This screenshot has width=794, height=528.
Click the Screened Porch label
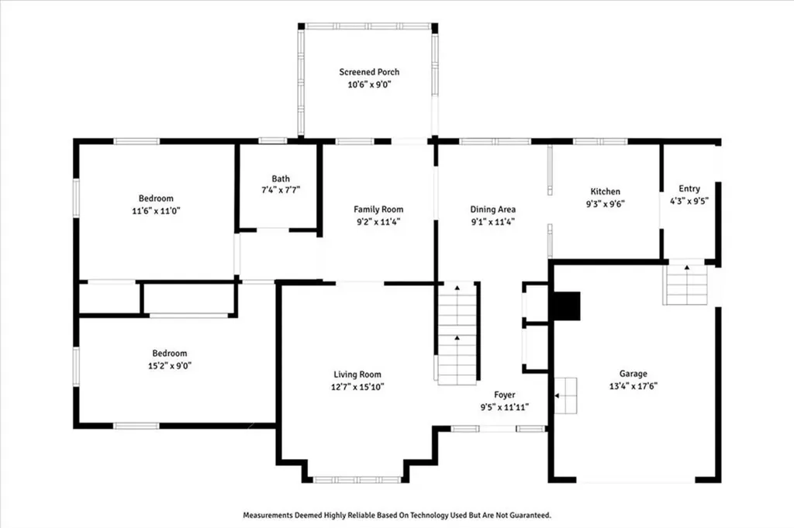click(x=369, y=72)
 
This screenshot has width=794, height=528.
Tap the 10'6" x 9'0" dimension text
click(x=369, y=85)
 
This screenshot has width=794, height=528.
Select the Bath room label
click(x=280, y=179)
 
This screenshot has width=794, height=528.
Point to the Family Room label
click(x=378, y=209)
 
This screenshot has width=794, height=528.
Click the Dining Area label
click(x=493, y=209)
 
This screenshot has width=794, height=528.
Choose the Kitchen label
click(x=605, y=192)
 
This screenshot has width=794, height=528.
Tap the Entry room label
click(x=689, y=188)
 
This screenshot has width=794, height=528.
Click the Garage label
click(x=633, y=373)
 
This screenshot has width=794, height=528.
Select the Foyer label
click(x=505, y=395)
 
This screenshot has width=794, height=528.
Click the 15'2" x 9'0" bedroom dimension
click(x=168, y=365)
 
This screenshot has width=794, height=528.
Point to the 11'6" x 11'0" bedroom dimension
click(x=155, y=210)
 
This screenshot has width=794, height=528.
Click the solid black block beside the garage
click(x=565, y=305)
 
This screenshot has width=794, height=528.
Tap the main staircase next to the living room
click(x=457, y=333)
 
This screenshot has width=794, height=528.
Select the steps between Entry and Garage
click(x=686, y=285)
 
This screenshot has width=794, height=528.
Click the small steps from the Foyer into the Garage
click(x=566, y=395)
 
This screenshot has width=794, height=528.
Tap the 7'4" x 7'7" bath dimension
click(x=280, y=191)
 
